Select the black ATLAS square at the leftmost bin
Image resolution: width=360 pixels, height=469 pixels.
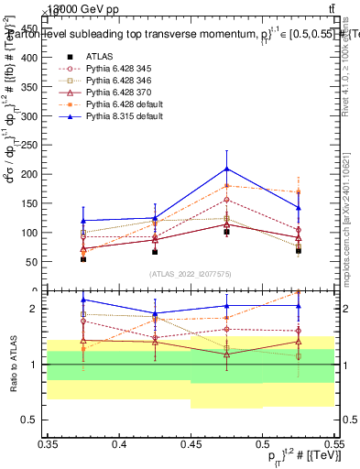pos(83,259)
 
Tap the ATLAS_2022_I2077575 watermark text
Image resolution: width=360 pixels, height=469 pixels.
pos(191,273)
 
